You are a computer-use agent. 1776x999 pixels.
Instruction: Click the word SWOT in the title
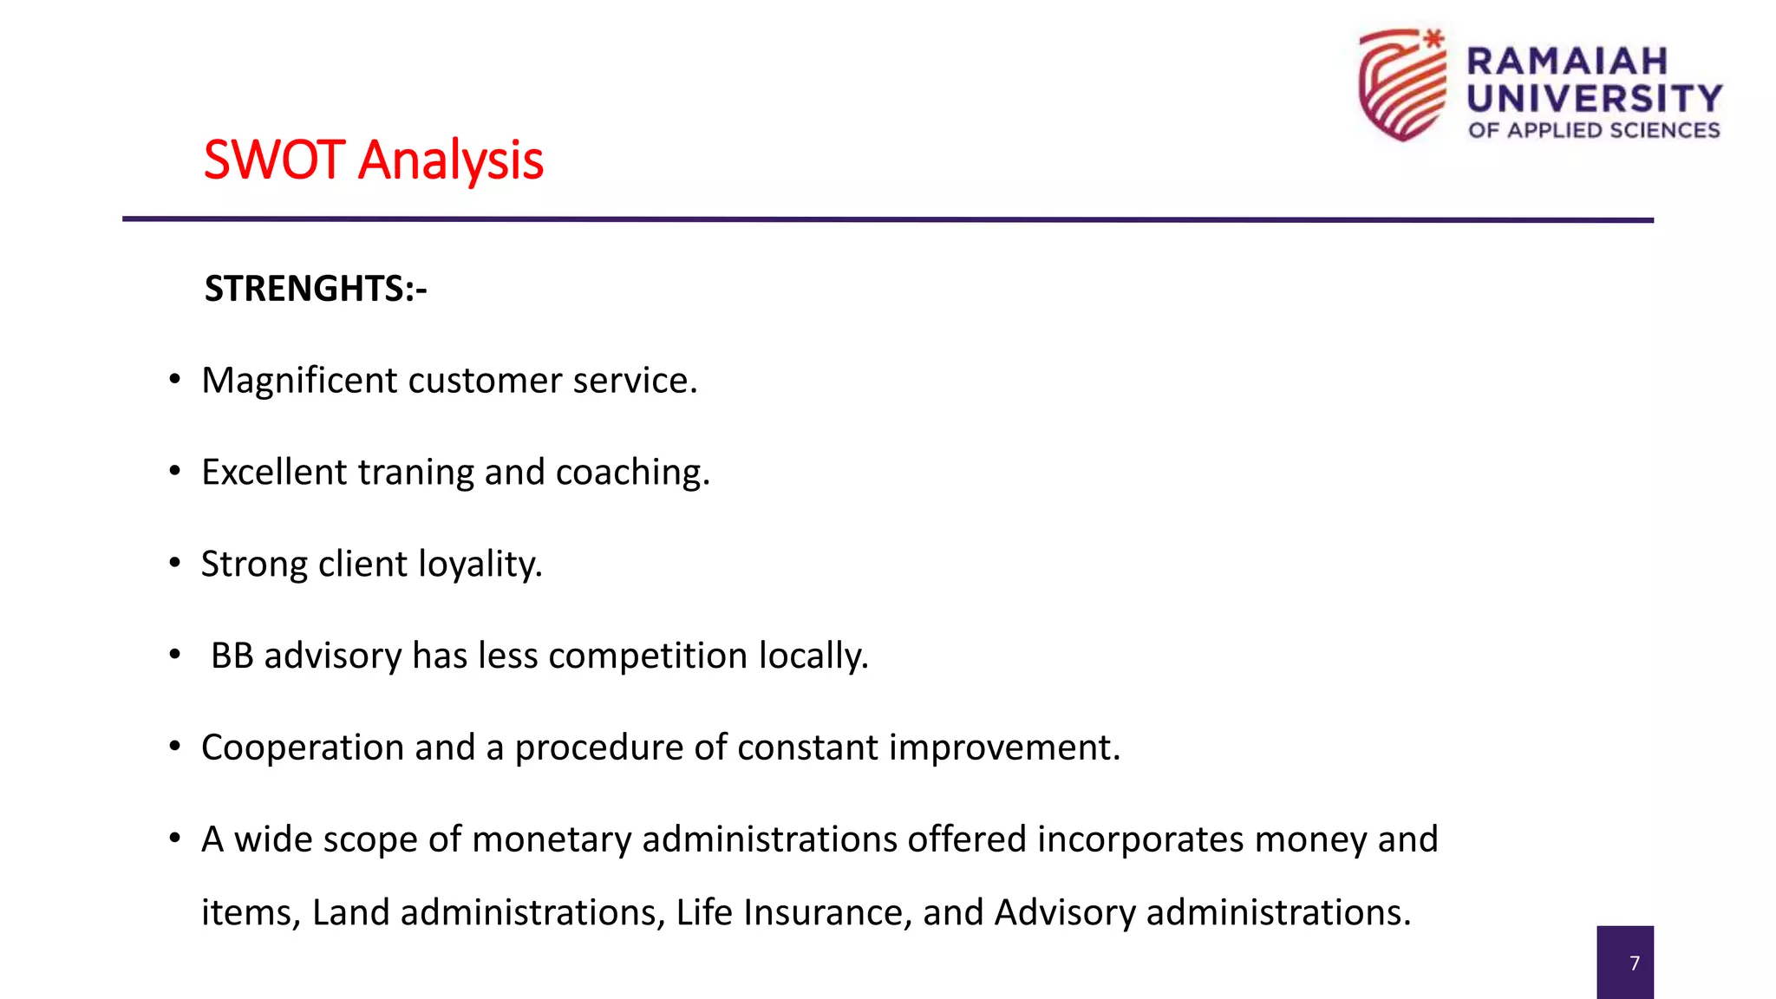pyautogui.click(x=274, y=160)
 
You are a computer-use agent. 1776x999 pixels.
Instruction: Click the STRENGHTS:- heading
pyautogui.click(x=316, y=289)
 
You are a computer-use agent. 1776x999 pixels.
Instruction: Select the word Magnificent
pyautogui.click(x=299, y=381)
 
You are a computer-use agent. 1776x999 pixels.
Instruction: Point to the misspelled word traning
pyautogui.click(x=415, y=473)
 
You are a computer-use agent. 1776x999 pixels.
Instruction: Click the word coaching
pyautogui.click(x=632, y=473)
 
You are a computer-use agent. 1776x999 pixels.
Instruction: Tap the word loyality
pyautogui.click(x=480, y=565)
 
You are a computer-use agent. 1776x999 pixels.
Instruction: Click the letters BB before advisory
pyautogui.click(x=232, y=656)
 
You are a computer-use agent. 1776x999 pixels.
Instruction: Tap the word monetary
pyautogui.click(x=552, y=839)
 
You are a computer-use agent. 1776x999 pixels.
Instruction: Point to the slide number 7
pyautogui.click(x=1634, y=963)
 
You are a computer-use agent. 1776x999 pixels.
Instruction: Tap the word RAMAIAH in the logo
pyautogui.click(x=1567, y=62)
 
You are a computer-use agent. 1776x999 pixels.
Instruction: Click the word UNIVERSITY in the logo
pyautogui.click(x=1594, y=99)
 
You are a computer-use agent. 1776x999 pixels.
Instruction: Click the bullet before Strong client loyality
pyautogui.click(x=175, y=565)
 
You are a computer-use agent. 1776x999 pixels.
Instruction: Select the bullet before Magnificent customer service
pyautogui.click(x=175, y=381)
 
